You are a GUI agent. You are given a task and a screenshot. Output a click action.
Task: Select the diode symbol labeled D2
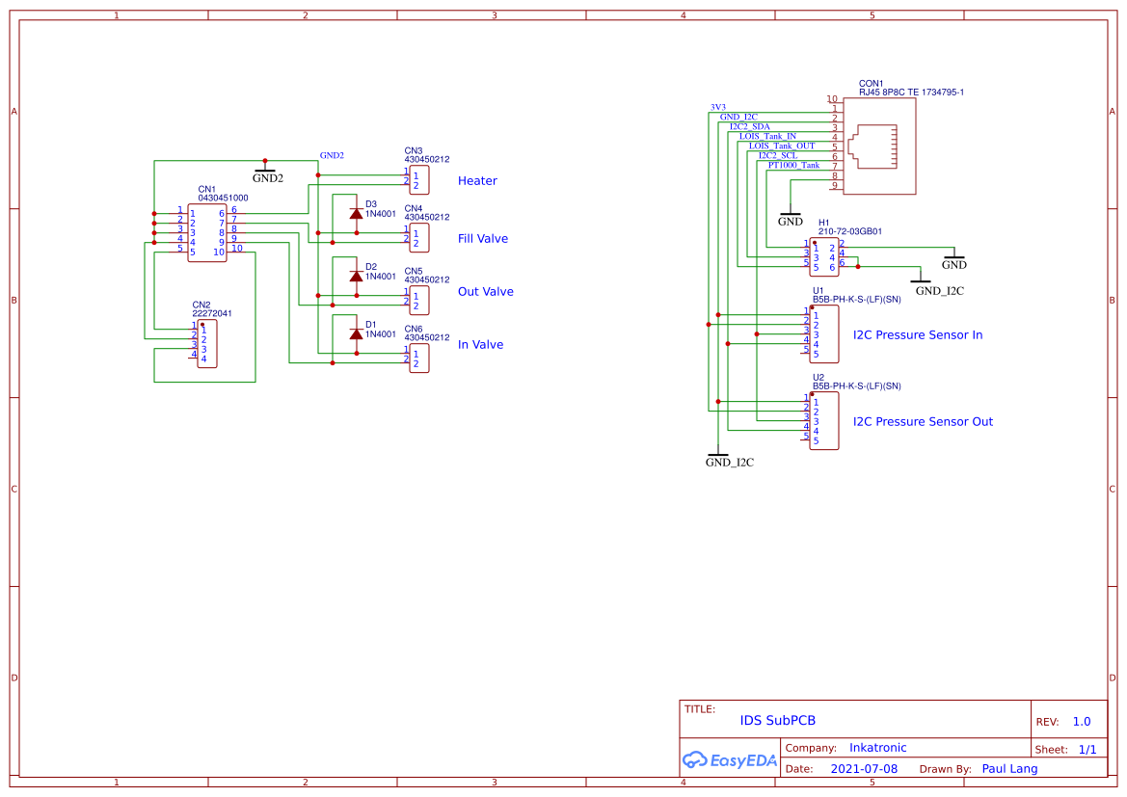pos(356,277)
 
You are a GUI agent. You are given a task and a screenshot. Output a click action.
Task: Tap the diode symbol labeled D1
pos(356,334)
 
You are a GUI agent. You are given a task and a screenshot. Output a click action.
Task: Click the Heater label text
pos(477,181)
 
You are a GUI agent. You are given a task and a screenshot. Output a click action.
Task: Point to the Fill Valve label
pos(482,239)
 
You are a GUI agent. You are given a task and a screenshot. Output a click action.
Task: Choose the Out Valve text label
pos(485,292)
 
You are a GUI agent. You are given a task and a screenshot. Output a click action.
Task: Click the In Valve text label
pos(480,345)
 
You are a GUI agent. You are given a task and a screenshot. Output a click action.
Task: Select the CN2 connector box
pos(207,344)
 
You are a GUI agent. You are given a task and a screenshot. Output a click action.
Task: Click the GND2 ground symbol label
pos(268,178)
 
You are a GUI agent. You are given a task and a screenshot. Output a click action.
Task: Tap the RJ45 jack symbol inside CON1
pos(872,147)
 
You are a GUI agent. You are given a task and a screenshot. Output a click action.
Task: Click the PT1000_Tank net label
pos(793,166)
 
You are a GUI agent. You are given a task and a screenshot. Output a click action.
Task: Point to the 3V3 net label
pos(717,107)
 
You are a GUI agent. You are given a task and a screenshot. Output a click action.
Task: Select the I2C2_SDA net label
pos(749,126)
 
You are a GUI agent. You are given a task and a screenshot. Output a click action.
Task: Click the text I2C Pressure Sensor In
pos(917,335)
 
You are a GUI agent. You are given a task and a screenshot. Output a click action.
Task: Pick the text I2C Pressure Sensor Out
pos(922,422)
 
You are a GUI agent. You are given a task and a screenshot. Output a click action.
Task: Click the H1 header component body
pos(823,257)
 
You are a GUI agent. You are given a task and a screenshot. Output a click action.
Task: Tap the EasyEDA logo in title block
pos(729,760)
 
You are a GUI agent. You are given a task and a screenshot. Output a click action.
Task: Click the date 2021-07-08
pos(864,769)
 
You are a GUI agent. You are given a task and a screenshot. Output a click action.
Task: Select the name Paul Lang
pos(1009,769)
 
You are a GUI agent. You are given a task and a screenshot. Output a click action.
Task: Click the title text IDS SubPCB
pos(777,720)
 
